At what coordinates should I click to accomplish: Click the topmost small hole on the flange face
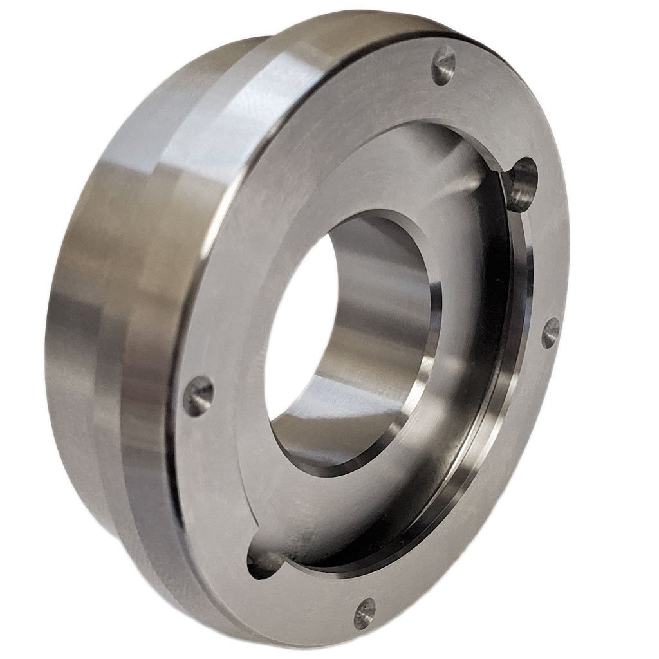point(443,65)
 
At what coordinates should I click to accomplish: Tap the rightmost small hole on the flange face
point(550,333)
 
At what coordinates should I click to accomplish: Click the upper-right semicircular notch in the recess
point(521,181)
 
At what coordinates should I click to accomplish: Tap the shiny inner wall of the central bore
point(380,290)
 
